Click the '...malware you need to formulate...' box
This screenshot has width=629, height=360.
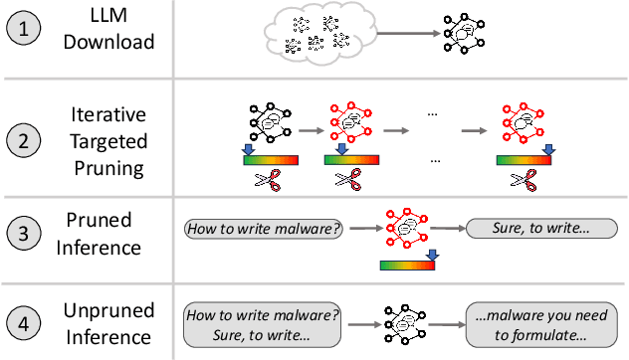539,324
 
